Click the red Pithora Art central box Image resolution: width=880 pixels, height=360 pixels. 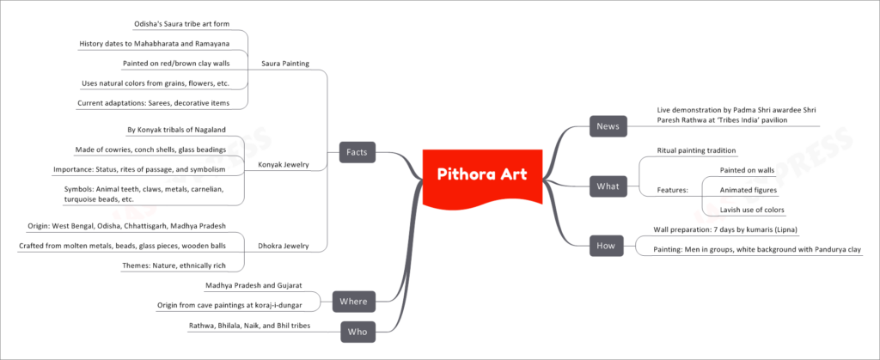click(x=482, y=175)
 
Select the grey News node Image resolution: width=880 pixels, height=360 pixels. click(x=608, y=126)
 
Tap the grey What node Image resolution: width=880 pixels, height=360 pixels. click(x=608, y=186)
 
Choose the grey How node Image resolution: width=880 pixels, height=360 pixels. click(x=607, y=246)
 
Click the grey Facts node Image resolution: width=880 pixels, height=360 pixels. click(x=357, y=152)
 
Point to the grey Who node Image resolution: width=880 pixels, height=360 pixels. click(x=357, y=332)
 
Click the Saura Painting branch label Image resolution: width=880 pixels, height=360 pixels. click(x=285, y=64)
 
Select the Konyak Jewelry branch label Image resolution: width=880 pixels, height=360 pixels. click(x=284, y=164)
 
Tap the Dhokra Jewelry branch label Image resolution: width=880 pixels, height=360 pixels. click(x=284, y=246)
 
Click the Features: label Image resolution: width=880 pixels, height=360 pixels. click(x=673, y=190)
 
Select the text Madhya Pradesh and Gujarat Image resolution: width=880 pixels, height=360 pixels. click(x=254, y=285)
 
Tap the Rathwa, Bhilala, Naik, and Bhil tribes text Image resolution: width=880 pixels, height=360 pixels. click(x=250, y=326)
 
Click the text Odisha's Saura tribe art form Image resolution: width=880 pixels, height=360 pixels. click(x=182, y=23)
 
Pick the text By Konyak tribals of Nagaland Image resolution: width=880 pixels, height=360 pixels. click(x=176, y=130)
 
